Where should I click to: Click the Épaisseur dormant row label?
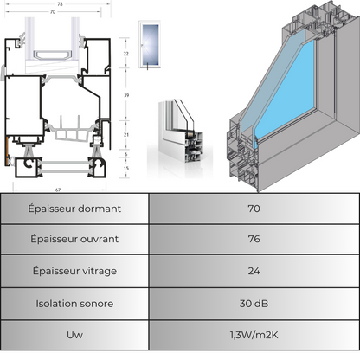tap(74, 209)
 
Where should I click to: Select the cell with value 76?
tap(254, 239)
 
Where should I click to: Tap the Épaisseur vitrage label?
tap(74, 271)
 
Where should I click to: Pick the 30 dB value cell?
tap(254, 304)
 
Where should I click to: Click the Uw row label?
tap(74, 335)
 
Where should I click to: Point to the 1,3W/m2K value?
tap(254, 335)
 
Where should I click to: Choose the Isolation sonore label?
tap(74, 304)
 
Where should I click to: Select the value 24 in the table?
tap(254, 271)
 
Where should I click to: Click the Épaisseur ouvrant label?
tap(74, 239)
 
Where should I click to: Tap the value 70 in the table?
tap(254, 209)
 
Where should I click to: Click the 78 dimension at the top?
tap(60, 4)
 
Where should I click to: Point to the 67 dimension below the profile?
tap(58, 190)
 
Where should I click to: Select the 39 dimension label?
tap(126, 95)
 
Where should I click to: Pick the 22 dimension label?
tap(126, 54)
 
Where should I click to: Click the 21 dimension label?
tap(126, 135)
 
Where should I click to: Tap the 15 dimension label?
tap(126, 168)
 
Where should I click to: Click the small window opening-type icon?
tap(150, 45)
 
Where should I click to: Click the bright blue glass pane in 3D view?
tap(286, 90)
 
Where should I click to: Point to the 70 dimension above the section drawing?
tap(53, 12)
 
